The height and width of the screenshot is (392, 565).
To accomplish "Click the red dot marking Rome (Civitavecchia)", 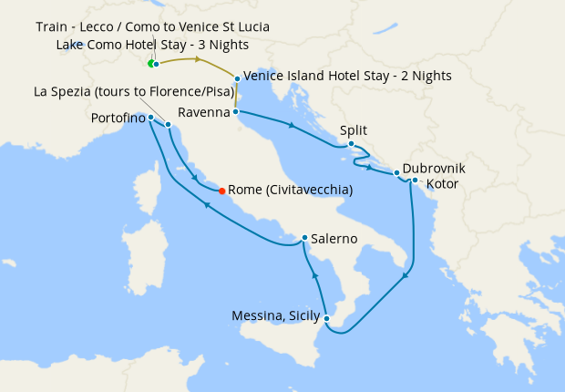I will [x=221, y=191].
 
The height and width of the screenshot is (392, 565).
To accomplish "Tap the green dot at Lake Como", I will [x=151, y=64].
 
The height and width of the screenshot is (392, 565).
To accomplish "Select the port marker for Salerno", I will [x=304, y=238].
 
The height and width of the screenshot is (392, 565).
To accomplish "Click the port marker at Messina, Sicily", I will [x=325, y=317].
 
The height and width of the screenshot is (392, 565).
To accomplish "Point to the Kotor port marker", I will [x=415, y=181].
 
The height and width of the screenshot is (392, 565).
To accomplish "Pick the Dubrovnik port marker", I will [x=396, y=172].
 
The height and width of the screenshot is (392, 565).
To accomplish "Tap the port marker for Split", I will [x=351, y=143].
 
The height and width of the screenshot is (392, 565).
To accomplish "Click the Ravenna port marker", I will [x=236, y=112].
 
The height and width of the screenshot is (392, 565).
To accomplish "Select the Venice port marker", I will [x=237, y=79].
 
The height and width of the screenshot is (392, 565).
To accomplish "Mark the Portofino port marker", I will [x=150, y=118].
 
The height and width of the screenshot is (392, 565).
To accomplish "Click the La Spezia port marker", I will [x=169, y=124].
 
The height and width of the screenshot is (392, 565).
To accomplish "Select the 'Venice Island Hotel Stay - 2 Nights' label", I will [x=348, y=76].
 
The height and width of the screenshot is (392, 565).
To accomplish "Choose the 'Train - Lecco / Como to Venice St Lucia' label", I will [x=152, y=26].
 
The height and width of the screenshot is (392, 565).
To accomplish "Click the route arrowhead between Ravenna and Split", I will [x=290, y=125].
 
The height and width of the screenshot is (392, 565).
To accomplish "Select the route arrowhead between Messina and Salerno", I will [x=313, y=274].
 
